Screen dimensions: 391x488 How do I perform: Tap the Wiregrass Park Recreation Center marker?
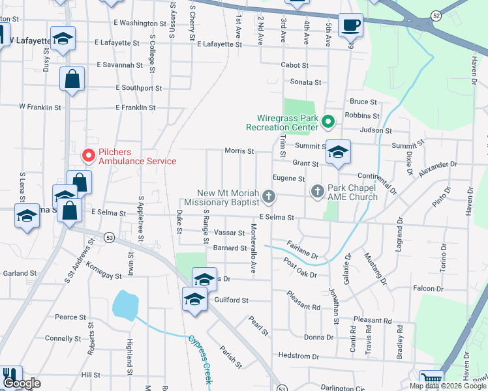[x=329, y=121]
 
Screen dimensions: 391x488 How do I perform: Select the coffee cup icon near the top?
[x=351, y=25]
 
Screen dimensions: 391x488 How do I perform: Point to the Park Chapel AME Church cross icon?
[x=318, y=191]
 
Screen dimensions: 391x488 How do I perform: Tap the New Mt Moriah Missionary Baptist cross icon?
[x=267, y=196]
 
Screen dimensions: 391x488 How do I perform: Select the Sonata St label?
[x=305, y=82]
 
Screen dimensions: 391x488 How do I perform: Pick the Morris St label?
[x=239, y=151]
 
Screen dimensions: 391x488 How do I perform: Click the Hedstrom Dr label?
[x=297, y=356]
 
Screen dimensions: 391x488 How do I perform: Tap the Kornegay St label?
[x=104, y=276]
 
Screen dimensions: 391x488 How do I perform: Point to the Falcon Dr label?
[x=428, y=288]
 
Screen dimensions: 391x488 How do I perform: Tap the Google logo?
[x=22, y=384]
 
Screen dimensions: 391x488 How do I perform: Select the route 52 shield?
[x=435, y=14]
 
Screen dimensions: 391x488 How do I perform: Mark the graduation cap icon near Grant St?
[x=337, y=152]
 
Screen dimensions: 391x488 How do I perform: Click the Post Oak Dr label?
[x=301, y=268]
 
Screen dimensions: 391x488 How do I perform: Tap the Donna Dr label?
[x=319, y=337]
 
